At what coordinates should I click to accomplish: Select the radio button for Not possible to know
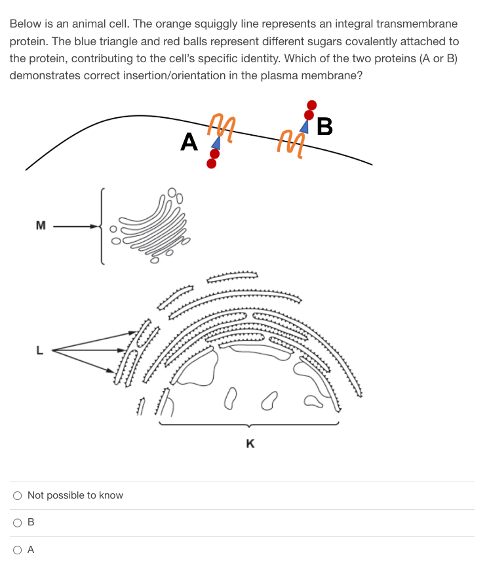(18, 495)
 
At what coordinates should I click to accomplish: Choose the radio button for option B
(18, 523)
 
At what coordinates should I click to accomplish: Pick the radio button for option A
(18, 550)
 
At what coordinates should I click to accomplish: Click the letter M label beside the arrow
(41, 227)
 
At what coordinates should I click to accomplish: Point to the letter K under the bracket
(250, 444)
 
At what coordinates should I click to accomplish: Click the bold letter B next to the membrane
(324, 126)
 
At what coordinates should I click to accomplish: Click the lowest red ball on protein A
(211, 163)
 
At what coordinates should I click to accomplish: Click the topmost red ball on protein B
(312, 104)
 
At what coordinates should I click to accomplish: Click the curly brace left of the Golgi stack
(101, 227)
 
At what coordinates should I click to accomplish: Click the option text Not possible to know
(75, 495)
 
